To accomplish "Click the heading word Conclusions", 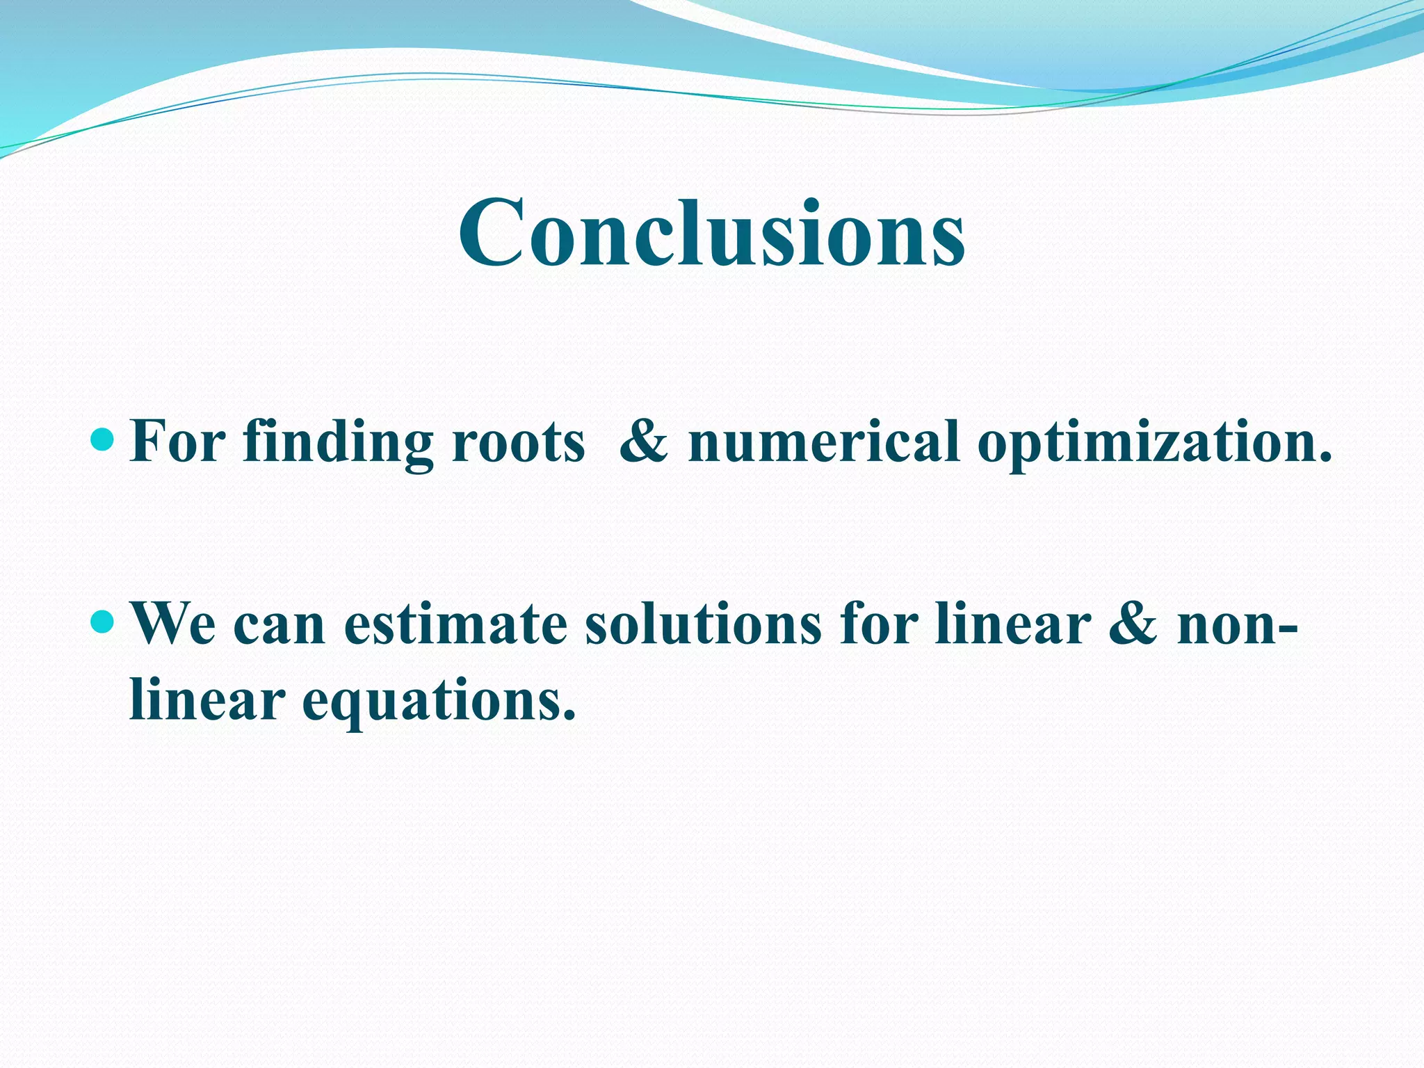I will point(711,233).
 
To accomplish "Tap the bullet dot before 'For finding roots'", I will point(102,439).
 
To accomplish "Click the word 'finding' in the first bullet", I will point(338,443).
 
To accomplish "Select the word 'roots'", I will point(518,443).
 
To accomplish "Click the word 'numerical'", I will point(823,442).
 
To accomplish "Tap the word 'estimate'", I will point(455,624).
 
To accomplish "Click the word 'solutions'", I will point(703,624).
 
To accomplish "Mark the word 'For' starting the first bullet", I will point(178,442).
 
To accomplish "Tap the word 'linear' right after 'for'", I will point(1012,624).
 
